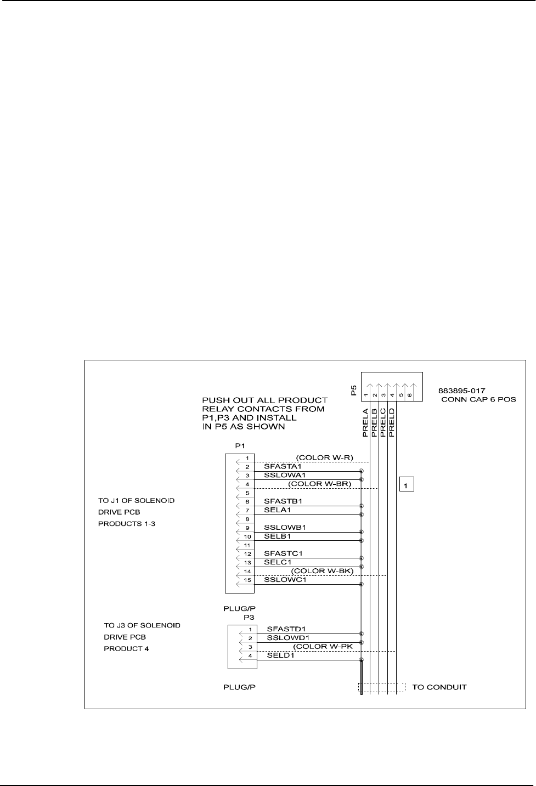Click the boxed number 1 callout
coord(406,484)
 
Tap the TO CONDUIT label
coord(439,687)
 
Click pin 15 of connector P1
coord(247,580)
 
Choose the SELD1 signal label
coord(280,655)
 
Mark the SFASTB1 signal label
coord(283,501)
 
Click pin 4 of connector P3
coord(250,656)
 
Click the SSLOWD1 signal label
coord(288,638)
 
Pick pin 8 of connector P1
coord(247,519)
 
